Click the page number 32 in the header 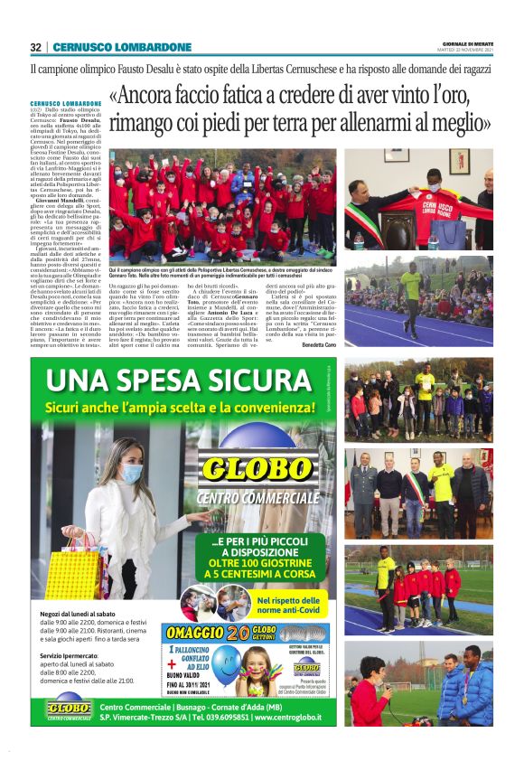35,47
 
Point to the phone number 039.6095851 221,717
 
